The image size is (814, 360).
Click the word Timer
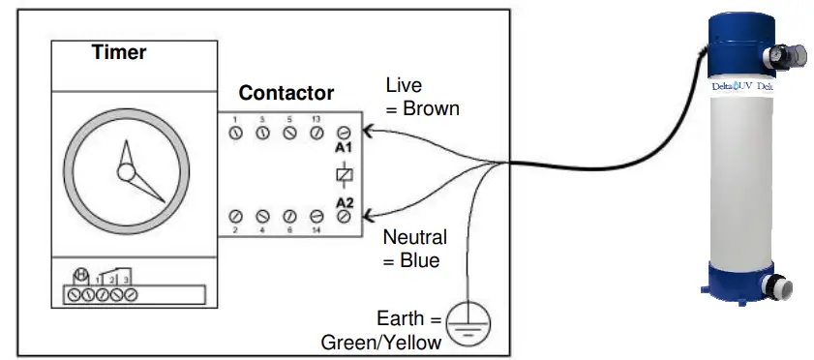coord(118,52)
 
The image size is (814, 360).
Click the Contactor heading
coord(286,94)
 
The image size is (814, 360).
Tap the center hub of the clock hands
coord(126,173)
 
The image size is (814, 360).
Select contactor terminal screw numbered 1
coord(234,134)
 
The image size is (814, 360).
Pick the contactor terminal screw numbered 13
coord(316,134)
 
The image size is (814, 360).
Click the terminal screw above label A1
coord(343,134)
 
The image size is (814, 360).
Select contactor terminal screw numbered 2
coord(234,216)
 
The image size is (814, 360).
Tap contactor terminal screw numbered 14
coord(316,216)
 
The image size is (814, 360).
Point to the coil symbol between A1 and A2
coord(343,175)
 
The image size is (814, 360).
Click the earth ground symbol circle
coord(468,318)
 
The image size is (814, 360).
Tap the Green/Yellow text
coord(381,342)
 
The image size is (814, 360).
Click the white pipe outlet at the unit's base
coord(781,286)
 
